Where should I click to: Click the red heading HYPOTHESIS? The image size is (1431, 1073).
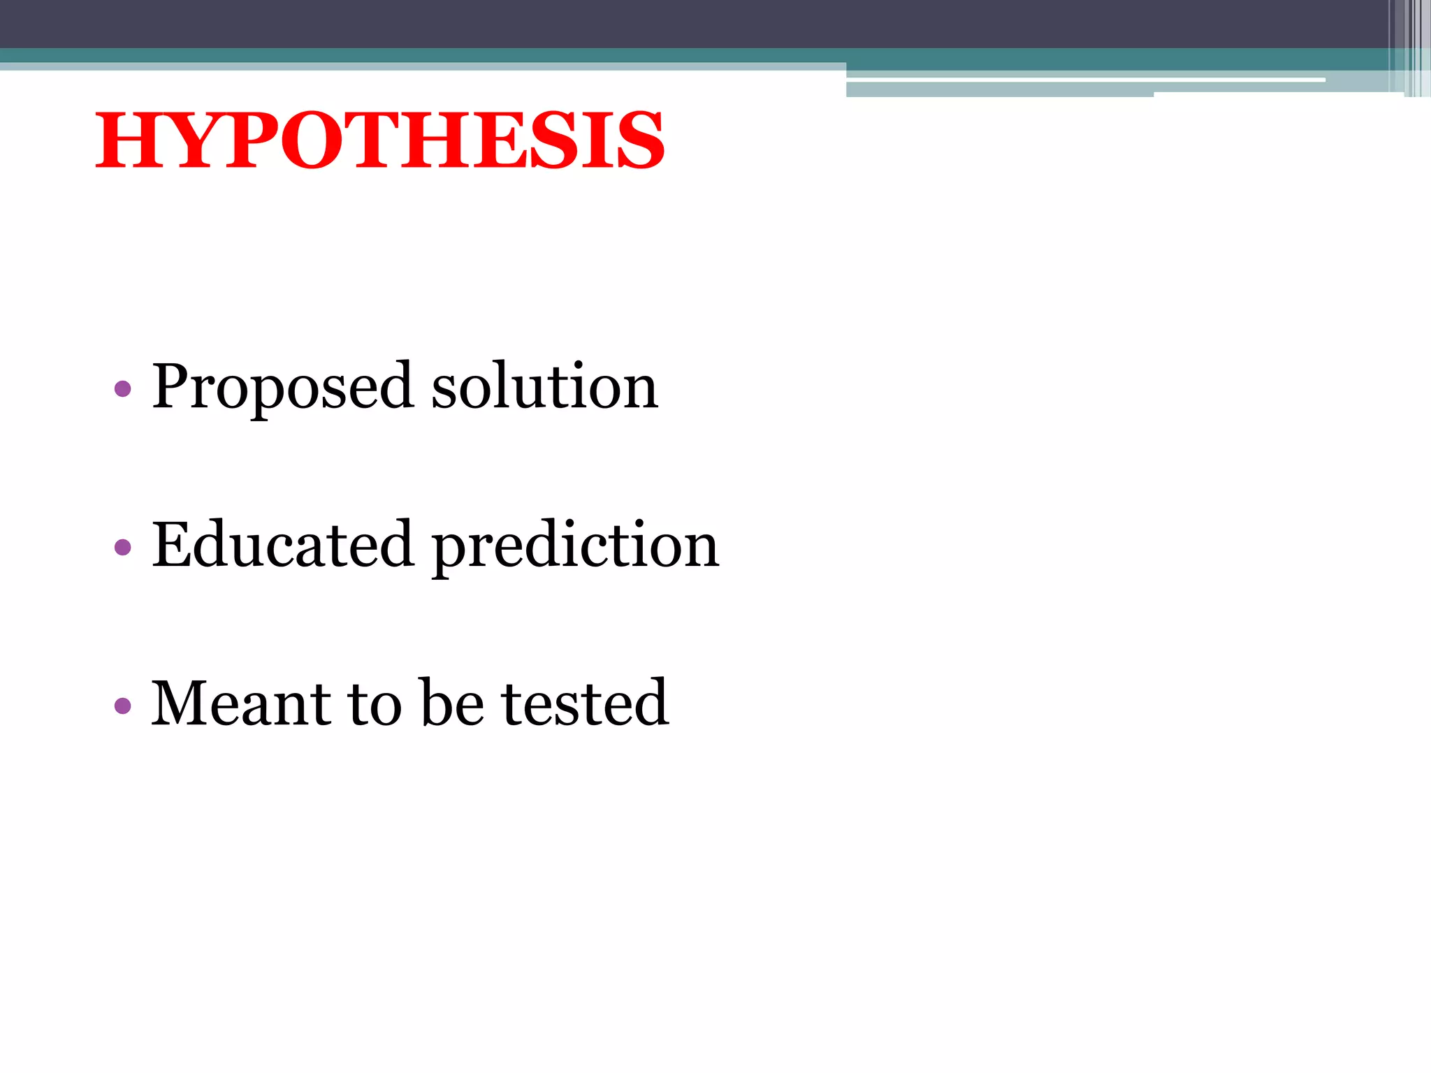[379, 141]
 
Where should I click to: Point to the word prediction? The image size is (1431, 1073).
[575, 546]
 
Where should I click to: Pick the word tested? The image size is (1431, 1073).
[585, 703]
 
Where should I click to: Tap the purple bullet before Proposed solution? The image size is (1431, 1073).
[122, 388]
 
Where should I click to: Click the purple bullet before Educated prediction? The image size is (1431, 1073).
[122, 547]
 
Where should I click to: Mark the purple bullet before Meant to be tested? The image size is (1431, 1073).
[122, 706]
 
